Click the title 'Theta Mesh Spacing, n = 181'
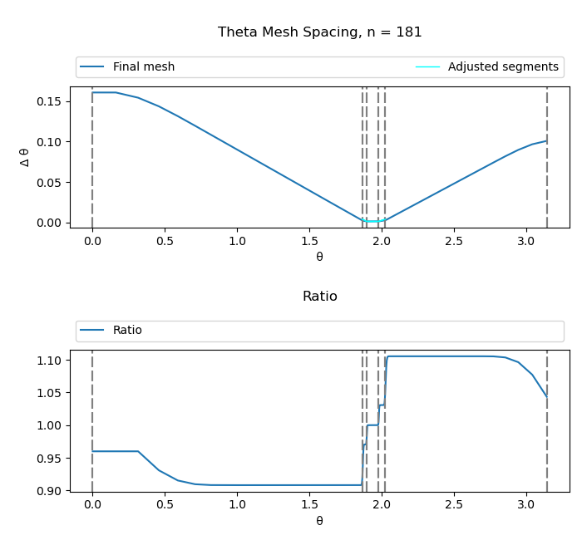click(319, 32)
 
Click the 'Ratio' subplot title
click(319, 297)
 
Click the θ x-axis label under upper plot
click(319, 257)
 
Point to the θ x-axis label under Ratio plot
click(319, 521)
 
